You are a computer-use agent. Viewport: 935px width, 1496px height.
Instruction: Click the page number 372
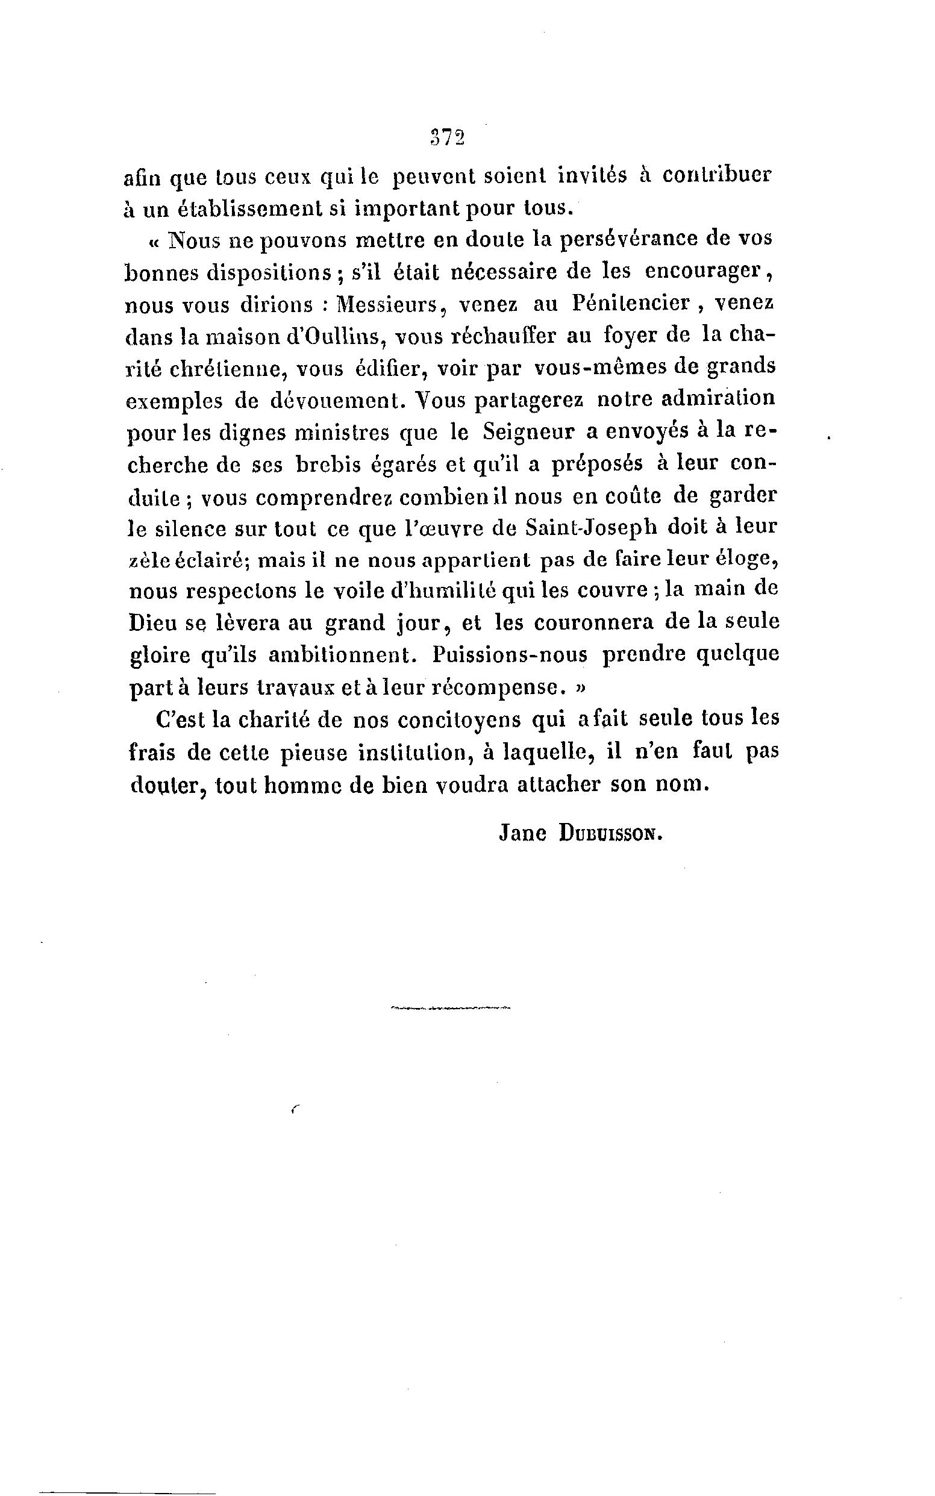[446, 137]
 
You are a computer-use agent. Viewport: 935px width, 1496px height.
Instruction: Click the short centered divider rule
[451, 1008]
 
